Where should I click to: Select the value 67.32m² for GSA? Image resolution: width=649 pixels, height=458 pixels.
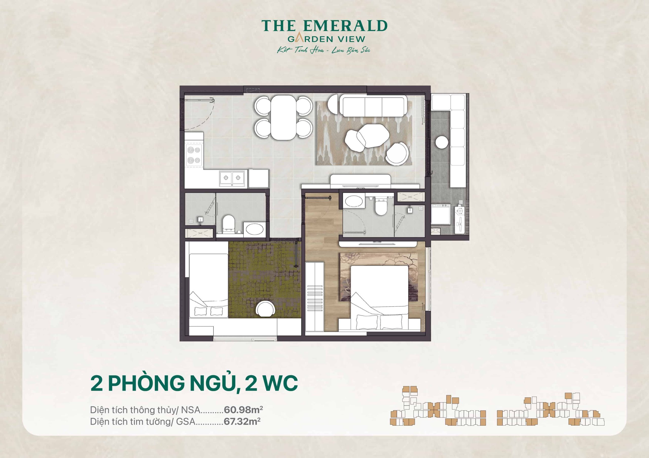242,421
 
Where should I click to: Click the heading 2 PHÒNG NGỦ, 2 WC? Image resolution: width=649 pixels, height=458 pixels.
194,383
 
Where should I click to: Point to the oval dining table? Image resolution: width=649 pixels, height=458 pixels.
283,117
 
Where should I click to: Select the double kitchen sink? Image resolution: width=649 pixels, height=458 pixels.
232,178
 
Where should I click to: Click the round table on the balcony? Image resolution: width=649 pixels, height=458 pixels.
442,142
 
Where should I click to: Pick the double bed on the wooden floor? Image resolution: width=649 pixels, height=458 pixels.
379,296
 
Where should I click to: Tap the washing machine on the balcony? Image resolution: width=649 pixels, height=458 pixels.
441,214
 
